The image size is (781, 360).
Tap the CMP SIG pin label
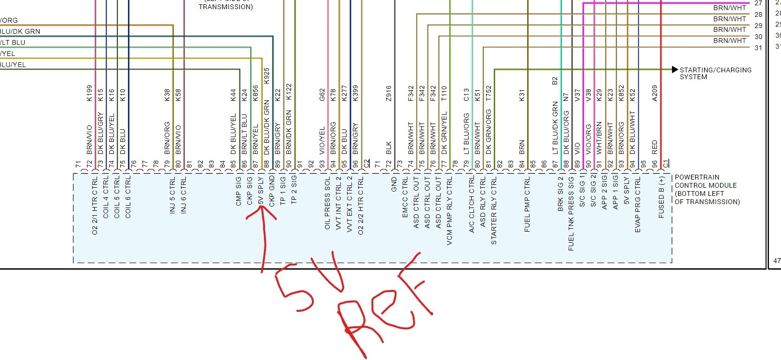coord(238,192)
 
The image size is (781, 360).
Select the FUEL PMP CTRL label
coord(527,204)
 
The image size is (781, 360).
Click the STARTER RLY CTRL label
coord(494,210)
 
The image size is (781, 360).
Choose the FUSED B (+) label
coord(661,197)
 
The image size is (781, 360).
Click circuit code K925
coord(266,76)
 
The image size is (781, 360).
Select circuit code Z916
coord(389,93)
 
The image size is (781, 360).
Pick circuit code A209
coord(655,93)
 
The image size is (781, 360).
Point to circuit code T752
coord(488,93)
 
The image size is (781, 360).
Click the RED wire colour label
coord(655,147)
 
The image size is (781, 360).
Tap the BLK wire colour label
coord(389,148)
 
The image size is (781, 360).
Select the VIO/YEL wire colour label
coord(322,140)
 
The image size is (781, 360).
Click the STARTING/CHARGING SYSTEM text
coord(715,73)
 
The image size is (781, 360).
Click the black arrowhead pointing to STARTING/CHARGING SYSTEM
coord(675,70)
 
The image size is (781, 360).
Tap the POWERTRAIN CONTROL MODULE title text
coord(706,189)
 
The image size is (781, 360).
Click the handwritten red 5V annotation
coord(309,285)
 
